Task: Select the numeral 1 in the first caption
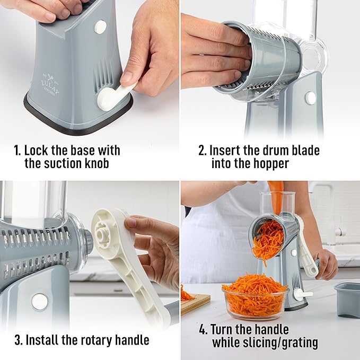tap(16, 151)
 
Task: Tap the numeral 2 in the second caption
tap(202, 151)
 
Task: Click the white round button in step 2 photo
tap(310, 98)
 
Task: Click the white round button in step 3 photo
tap(39, 302)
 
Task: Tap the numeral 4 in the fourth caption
tap(203, 329)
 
